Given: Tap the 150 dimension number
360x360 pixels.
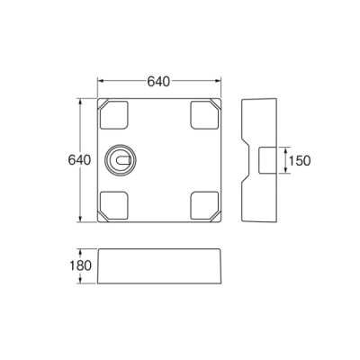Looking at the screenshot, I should (300, 160).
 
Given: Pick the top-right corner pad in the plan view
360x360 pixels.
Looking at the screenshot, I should (205, 115).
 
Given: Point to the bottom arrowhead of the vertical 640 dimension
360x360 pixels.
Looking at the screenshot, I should (87, 220).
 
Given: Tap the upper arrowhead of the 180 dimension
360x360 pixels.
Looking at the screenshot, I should (87, 250).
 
